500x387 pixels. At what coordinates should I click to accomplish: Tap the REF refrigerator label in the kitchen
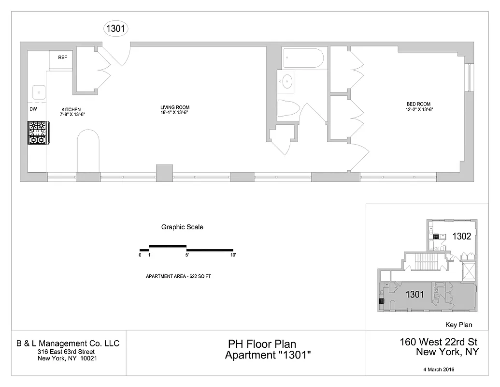pyautogui.click(x=62, y=58)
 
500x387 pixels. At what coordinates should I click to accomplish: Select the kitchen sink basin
pyautogui.click(x=39, y=92)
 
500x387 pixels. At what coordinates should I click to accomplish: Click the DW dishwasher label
pyautogui.click(x=33, y=109)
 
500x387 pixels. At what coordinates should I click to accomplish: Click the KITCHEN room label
pyautogui.click(x=71, y=109)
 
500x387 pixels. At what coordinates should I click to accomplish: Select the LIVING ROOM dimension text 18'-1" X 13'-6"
pyautogui.click(x=175, y=112)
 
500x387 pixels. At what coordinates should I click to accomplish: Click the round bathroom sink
pyautogui.click(x=287, y=82)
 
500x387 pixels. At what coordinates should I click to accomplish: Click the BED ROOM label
pyautogui.click(x=419, y=104)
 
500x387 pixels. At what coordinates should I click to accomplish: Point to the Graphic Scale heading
pyautogui.click(x=182, y=227)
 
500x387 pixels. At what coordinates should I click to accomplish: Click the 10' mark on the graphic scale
pyautogui.click(x=233, y=254)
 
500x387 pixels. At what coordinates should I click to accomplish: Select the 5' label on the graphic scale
pyautogui.click(x=187, y=254)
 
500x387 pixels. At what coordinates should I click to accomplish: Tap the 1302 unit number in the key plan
pyautogui.click(x=461, y=237)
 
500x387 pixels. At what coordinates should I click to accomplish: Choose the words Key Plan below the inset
pyautogui.click(x=458, y=325)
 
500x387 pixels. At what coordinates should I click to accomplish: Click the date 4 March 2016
pyautogui.click(x=438, y=370)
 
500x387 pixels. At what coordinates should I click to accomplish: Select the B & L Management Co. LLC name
pyautogui.click(x=68, y=343)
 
